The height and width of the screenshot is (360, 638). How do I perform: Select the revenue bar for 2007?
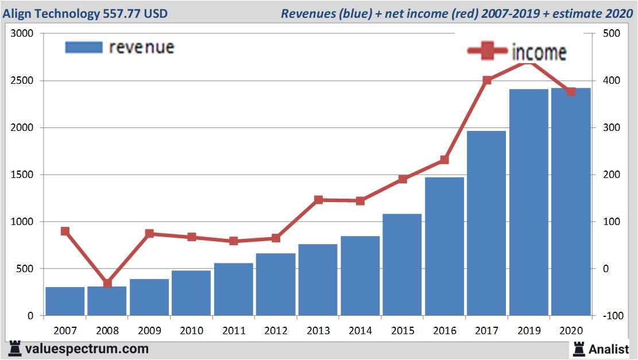click(65, 301)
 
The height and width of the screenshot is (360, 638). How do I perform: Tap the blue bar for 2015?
click(402, 265)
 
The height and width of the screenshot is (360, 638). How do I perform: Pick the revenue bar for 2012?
click(276, 284)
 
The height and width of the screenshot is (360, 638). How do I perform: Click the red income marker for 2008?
click(107, 284)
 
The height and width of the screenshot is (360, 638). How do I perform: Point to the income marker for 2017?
click(487, 80)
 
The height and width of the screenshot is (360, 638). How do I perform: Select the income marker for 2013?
click(318, 200)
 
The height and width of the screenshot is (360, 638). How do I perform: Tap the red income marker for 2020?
click(571, 92)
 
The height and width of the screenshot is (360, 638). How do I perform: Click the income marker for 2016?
click(444, 160)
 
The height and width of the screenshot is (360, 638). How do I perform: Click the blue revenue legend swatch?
click(84, 47)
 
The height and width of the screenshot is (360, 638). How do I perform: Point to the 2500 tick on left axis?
click(23, 81)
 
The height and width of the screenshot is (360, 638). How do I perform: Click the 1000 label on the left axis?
click(23, 222)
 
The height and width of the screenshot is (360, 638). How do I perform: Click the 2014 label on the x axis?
click(360, 331)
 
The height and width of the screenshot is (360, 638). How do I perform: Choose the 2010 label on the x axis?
click(191, 331)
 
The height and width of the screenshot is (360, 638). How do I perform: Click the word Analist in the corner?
click(609, 349)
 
